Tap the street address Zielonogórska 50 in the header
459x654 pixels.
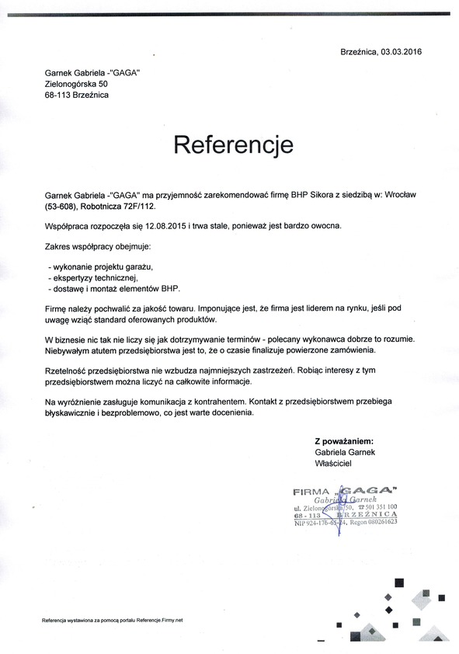click(76, 83)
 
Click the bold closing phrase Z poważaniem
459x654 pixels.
click(344, 440)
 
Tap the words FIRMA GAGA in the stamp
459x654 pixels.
click(346, 490)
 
